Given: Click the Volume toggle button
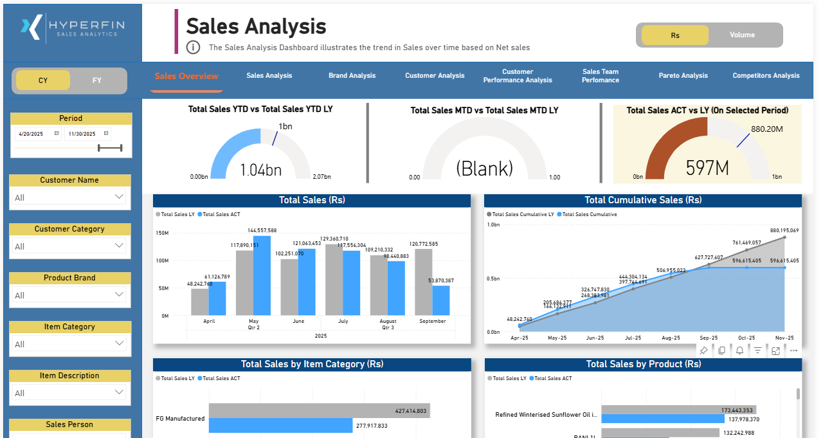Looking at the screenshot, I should pos(742,35).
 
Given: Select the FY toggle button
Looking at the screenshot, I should pos(97,80).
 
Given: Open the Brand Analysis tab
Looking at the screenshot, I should pos(352,76).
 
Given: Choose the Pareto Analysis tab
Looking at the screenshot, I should pos(683,76).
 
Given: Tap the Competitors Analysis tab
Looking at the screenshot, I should pos(766,76).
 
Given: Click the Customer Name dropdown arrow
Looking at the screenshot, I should pos(119,197).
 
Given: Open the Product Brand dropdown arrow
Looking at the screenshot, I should pos(119,295).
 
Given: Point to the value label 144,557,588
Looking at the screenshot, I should pos(262,230).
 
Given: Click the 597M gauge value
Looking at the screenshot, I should pos(707,168).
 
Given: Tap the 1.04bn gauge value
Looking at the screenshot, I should pos(260,170).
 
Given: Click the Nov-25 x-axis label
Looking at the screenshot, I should pos(784,338).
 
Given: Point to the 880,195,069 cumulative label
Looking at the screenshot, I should pos(784,230).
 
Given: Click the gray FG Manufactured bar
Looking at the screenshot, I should pos(319,410).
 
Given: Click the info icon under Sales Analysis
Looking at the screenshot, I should pos(193,47).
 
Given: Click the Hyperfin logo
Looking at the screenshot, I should pos(73,28).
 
